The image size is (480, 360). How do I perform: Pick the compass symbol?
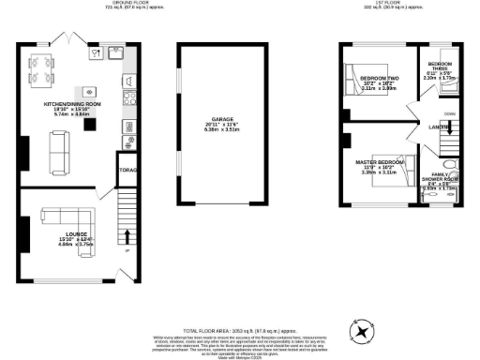click(361, 329)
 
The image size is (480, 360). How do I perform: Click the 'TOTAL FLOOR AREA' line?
click(239, 306)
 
